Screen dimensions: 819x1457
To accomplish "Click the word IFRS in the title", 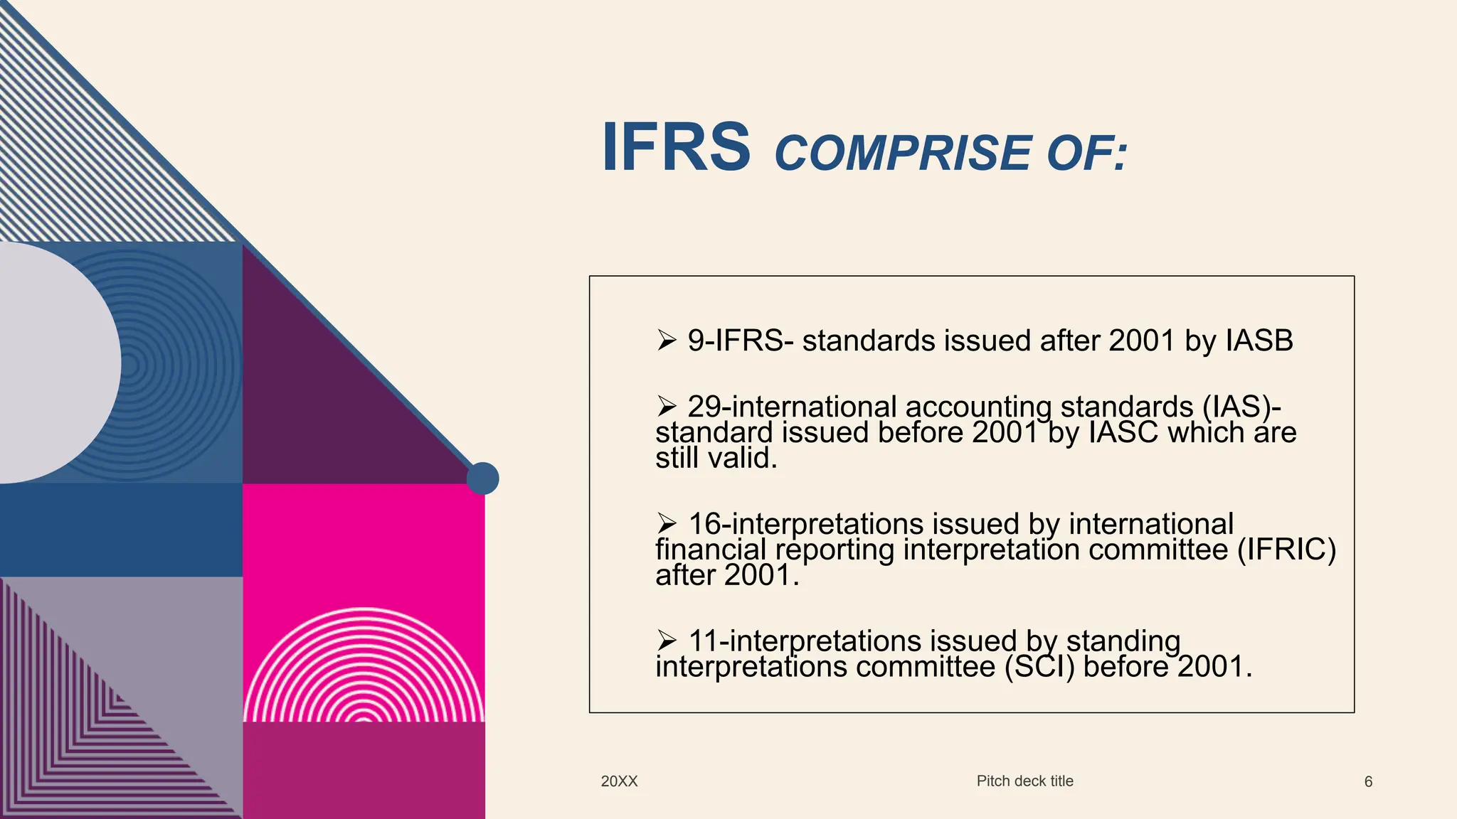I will click(676, 147).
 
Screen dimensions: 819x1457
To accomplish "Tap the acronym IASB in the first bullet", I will click(1259, 341).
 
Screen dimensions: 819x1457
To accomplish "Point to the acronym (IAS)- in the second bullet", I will click(1241, 407).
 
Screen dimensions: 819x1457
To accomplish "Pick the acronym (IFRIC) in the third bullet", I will click(1286, 550).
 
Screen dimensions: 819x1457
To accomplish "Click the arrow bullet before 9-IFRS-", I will click(667, 341).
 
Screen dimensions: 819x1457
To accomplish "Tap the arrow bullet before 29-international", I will click(667, 406).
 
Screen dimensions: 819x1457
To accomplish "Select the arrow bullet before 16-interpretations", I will click(667, 523).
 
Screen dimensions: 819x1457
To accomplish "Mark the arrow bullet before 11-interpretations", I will click(667, 641).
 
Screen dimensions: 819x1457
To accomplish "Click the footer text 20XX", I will click(619, 781).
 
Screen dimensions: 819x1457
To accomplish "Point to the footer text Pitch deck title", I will click(1024, 781).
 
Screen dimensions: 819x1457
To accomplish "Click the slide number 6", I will click(1368, 782).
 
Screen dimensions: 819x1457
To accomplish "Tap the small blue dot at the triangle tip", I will click(482, 478).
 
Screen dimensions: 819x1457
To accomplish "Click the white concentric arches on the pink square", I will click(364, 668).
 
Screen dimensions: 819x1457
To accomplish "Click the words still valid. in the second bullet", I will click(716, 459).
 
